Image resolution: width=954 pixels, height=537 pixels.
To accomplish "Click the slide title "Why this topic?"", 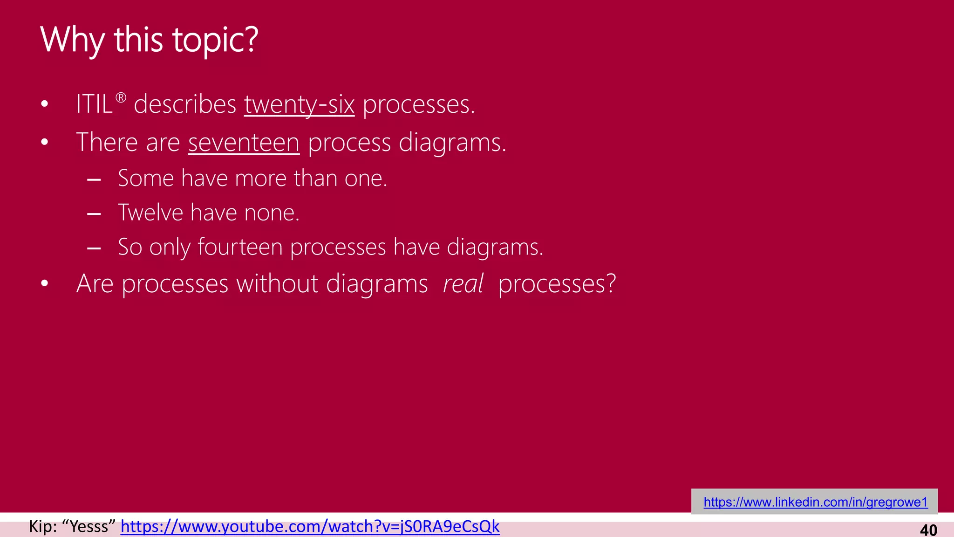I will pyautogui.click(x=149, y=40).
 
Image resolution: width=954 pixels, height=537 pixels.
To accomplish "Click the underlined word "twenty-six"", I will pyautogui.click(x=299, y=104).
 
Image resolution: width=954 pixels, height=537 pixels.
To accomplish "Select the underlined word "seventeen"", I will pyautogui.click(x=244, y=142).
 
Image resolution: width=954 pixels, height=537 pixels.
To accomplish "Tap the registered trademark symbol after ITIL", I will pyautogui.click(x=121, y=98).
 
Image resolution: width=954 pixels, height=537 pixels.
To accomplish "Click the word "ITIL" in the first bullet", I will pyautogui.click(x=94, y=104).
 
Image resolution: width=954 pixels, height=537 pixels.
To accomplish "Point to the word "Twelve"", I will pyautogui.click(x=150, y=213).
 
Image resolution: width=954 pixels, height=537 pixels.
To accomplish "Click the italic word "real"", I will pyautogui.click(x=463, y=283).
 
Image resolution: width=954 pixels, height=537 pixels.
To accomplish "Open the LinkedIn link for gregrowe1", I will pyautogui.click(x=815, y=502).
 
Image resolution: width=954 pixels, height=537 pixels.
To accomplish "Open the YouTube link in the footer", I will pyautogui.click(x=310, y=526).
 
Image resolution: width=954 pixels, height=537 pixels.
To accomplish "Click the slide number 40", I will pyautogui.click(x=928, y=530).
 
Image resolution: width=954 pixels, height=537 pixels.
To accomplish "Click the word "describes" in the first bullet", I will pyautogui.click(x=185, y=104).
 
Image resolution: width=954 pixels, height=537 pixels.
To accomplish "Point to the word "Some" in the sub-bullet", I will pyautogui.click(x=146, y=178).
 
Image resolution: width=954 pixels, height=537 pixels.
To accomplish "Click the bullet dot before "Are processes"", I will pyautogui.click(x=45, y=283).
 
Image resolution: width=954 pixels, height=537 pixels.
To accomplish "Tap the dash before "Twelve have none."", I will pyautogui.click(x=94, y=214).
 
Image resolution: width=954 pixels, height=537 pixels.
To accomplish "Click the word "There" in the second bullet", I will pyautogui.click(x=107, y=142).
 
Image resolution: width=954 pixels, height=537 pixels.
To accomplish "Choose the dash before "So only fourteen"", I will pyautogui.click(x=94, y=248).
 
